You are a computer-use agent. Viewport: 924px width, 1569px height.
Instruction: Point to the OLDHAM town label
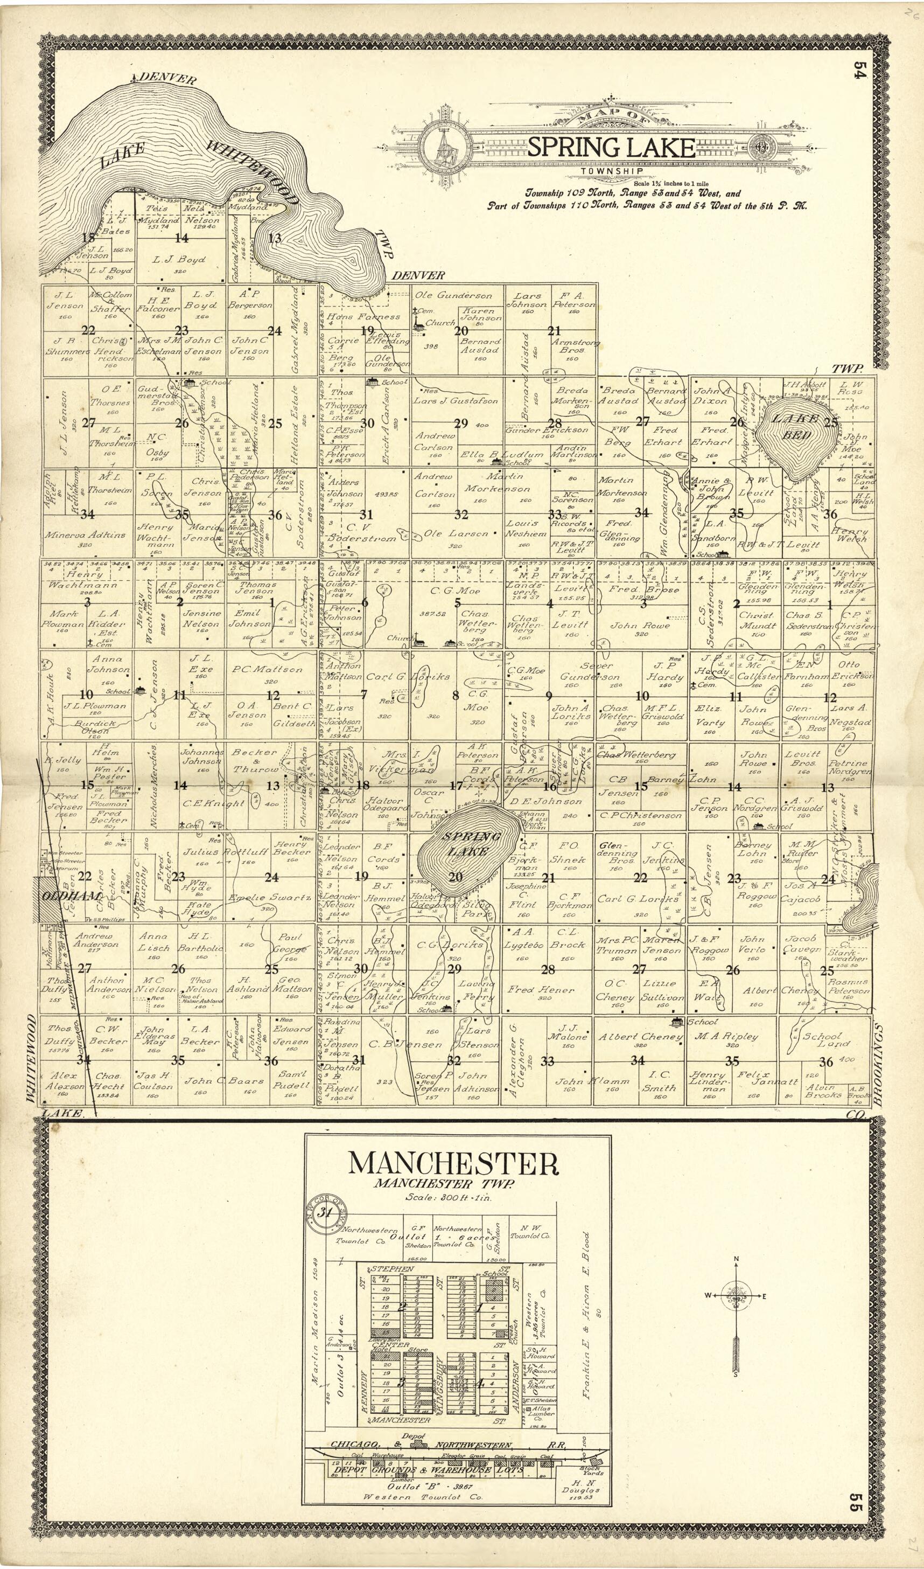[x=64, y=895]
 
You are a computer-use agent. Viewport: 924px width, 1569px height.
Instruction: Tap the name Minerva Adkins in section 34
[x=85, y=535]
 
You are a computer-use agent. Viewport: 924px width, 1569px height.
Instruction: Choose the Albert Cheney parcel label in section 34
[x=640, y=1037]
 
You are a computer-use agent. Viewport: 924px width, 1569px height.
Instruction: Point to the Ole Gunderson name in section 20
[x=453, y=295]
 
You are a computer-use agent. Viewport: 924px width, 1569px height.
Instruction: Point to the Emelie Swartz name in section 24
[x=269, y=898]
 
